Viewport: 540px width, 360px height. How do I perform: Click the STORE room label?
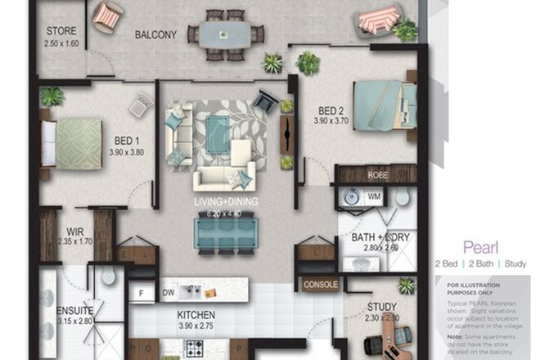point(61,32)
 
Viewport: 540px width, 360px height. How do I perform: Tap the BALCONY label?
point(155,35)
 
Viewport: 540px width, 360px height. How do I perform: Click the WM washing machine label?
point(374,196)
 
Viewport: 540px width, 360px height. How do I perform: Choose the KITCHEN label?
point(196,314)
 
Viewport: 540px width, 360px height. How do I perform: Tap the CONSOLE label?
point(320,285)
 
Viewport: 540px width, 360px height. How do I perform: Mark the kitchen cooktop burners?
point(196,348)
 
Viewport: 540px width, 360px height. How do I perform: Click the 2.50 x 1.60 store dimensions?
point(61,44)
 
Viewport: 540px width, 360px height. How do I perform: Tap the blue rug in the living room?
point(218,128)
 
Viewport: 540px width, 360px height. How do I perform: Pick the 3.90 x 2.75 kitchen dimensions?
point(196,326)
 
